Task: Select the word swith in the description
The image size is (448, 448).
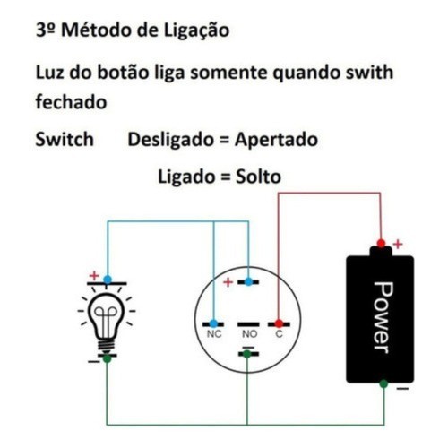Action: pyautogui.click(x=369, y=73)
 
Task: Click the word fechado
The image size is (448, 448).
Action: pyautogui.click(x=71, y=101)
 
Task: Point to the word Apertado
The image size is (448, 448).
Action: pyautogui.click(x=276, y=141)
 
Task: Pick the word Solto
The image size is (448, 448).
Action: pyautogui.click(x=258, y=177)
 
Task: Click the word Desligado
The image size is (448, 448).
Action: pyautogui.click(x=171, y=141)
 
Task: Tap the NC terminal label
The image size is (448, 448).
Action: pyautogui.click(x=214, y=334)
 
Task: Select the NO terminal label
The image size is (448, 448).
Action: pyautogui.click(x=249, y=334)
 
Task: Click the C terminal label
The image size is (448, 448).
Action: pyautogui.click(x=279, y=334)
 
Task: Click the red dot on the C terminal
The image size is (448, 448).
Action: pyautogui.click(x=279, y=323)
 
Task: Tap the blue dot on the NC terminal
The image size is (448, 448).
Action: pyautogui.click(x=213, y=323)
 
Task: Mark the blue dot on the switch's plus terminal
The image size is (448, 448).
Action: pyautogui.click(x=248, y=281)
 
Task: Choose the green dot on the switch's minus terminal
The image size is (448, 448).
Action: pyautogui.click(x=246, y=354)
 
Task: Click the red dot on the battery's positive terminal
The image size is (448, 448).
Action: pyautogui.click(x=381, y=244)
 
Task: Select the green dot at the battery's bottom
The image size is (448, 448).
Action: pyautogui.click(x=383, y=383)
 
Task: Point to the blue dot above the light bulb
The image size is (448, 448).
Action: pyautogui.click(x=108, y=280)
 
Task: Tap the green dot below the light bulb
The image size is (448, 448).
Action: pyautogui.click(x=107, y=358)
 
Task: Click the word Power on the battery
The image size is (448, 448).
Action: pyautogui.click(x=383, y=317)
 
